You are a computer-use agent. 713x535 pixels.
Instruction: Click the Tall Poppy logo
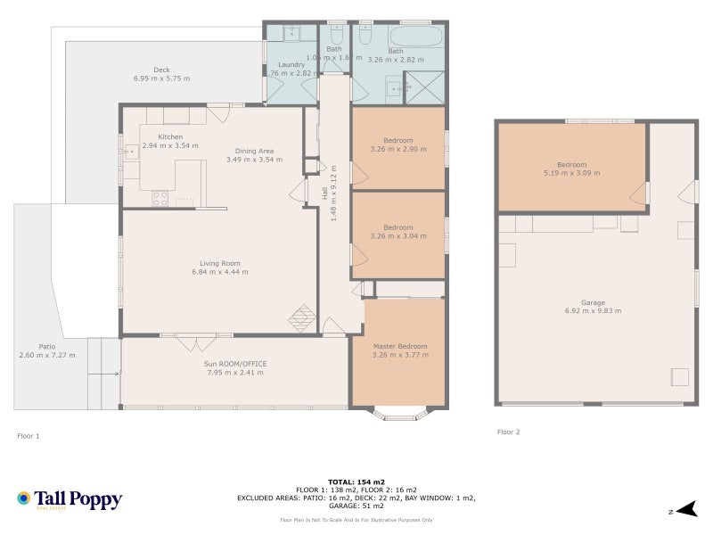tap(69, 500)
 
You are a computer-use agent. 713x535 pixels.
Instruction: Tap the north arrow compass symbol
tap(684, 510)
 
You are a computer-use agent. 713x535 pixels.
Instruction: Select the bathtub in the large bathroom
tap(416, 37)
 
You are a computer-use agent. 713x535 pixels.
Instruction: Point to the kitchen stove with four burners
tap(160, 199)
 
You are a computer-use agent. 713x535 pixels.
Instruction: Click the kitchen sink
tap(130, 152)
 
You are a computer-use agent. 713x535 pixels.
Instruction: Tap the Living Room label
tap(219, 263)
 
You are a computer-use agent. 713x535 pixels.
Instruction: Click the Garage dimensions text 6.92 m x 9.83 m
tap(593, 311)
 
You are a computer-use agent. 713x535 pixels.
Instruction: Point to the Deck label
tap(161, 70)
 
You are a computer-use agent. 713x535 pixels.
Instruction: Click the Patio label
tap(46, 346)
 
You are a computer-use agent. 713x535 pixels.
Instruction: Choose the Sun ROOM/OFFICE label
tap(235, 364)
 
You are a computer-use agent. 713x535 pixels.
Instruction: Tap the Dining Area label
tap(254, 151)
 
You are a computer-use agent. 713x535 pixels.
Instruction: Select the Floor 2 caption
tap(508, 432)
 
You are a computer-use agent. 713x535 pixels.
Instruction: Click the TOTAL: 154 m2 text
tap(356, 481)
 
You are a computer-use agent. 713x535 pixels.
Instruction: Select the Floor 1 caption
tap(29, 436)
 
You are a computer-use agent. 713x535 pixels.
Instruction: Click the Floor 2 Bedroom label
tap(571, 165)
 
